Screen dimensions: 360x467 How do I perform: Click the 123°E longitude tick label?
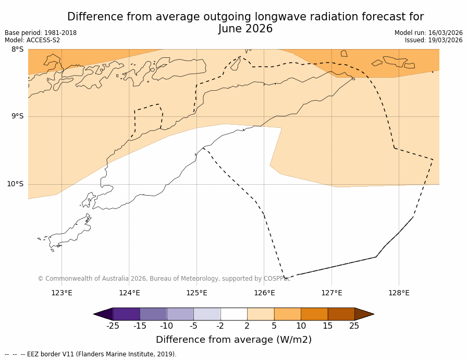(x=62, y=293)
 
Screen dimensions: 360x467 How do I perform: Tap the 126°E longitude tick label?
(x=264, y=293)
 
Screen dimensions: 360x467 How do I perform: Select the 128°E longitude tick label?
(x=399, y=293)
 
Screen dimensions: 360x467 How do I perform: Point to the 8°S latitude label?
(x=17, y=50)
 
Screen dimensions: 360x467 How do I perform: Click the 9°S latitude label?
(x=17, y=116)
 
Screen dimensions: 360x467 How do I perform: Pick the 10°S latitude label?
(x=15, y=184)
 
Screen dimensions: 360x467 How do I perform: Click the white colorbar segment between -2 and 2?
(x=233, y=314)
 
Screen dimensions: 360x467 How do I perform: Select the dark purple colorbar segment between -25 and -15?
(x=126, y=314)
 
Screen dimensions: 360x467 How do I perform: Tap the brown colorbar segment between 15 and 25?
(x=341, y=314)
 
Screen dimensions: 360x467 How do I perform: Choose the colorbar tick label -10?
(x=166, y=326)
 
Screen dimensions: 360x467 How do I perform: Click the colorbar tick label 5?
(x=274, y=326)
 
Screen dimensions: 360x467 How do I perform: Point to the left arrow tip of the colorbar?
(x=95, y=314)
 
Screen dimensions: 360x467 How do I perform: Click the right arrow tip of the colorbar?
(x=373, y=314)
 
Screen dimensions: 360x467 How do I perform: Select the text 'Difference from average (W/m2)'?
(x=233, y=340)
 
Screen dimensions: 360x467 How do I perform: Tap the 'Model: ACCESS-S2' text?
(x=32, y=40)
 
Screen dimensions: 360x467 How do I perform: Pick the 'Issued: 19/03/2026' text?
(x=434, y=40)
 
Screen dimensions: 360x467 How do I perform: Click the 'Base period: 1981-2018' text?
(x=41, y=33)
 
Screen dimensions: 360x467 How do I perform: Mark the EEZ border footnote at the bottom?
(x=91, y=354)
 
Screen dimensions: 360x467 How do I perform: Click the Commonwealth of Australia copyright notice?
(x=164, y=279)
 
